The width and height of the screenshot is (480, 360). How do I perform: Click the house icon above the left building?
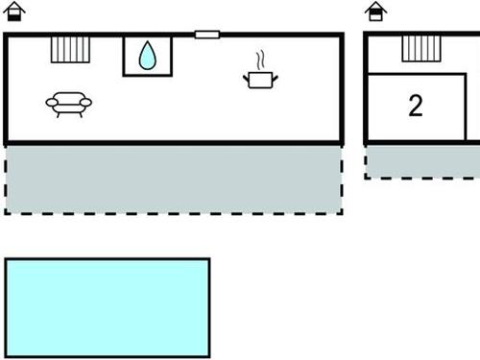[14, 12]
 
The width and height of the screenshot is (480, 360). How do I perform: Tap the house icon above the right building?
[376, 12]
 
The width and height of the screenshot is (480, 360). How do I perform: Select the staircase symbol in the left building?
[70, 49]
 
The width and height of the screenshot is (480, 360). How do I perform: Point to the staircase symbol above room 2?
[416, 48]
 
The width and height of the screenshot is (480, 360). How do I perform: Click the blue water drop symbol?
[147, 56]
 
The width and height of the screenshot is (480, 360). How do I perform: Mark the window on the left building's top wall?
[206, 35]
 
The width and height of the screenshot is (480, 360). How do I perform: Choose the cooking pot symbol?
[261, 79]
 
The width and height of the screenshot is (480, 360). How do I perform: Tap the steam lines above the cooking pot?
[260, 60]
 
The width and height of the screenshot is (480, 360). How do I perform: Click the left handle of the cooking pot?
[247, 75]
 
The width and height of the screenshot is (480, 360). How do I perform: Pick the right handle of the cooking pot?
[276, 75]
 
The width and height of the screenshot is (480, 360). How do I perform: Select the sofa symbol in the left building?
[68, 103]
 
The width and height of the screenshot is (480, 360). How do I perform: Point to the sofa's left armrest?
[50, 102]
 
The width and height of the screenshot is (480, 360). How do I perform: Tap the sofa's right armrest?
[86, 102]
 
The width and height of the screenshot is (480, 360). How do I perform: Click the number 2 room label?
[415, 106]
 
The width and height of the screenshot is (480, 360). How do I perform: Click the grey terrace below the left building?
[173, 179]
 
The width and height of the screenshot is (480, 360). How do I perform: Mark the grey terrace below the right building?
[422, 161]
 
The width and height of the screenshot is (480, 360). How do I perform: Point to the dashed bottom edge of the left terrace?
[173, 212]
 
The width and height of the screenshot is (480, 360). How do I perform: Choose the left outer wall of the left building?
[6, 88]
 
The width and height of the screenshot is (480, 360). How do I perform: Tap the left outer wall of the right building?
[366, 88]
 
